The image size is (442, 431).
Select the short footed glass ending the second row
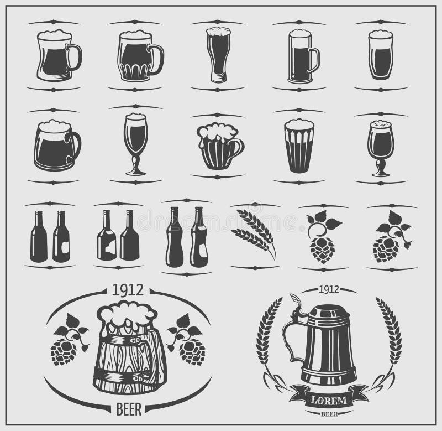[x=381, y=147]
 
